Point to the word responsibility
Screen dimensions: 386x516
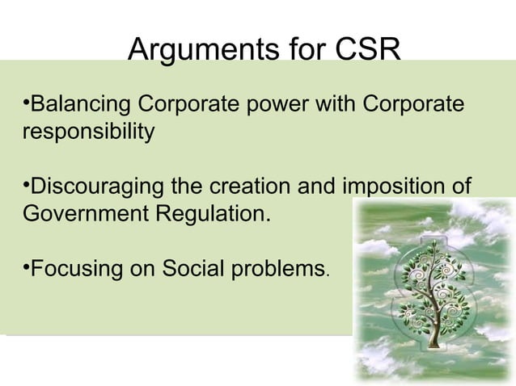87,131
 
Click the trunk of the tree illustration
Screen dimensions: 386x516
435,327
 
